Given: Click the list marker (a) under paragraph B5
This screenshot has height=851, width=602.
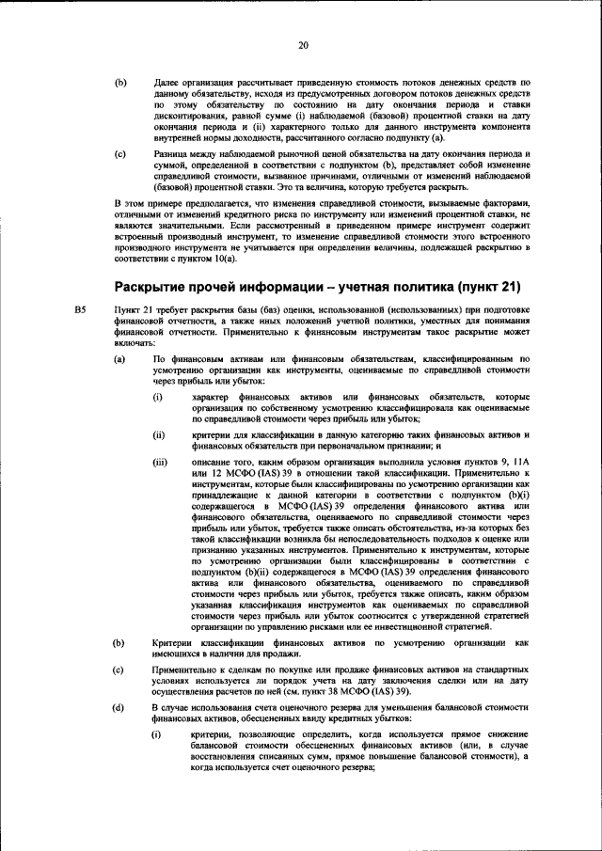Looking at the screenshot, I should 119,359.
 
